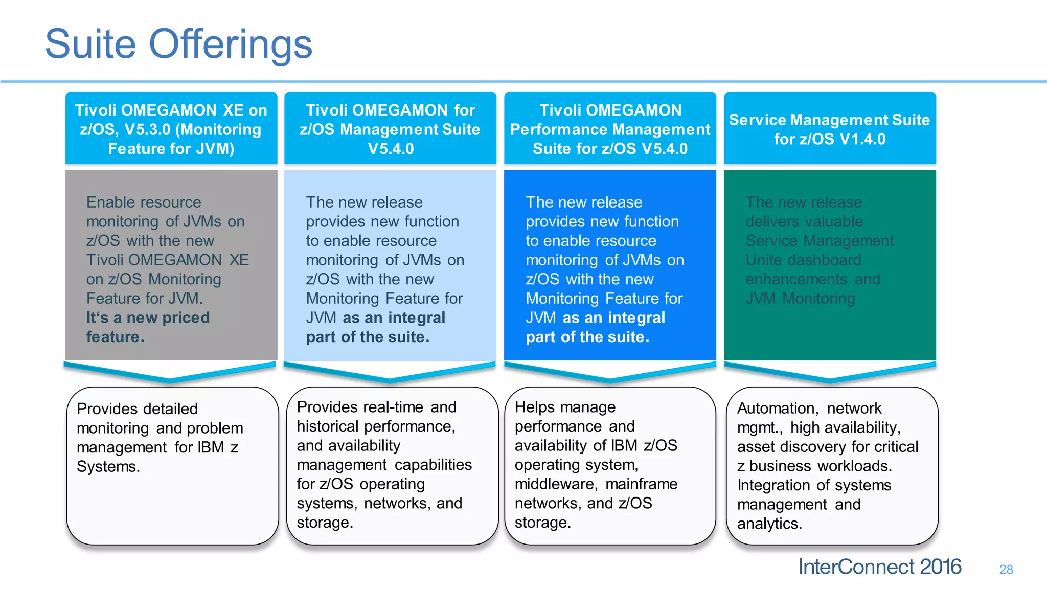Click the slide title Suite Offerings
click(178, 44)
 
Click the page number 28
click(1006, 570)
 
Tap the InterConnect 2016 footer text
click(879, 567)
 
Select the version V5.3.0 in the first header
click(147, 130)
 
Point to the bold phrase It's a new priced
click(148, 318)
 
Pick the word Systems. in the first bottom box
click(108, 466)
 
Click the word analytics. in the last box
click(769, 524)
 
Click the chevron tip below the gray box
click(170, 380)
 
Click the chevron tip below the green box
click(830, 380)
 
